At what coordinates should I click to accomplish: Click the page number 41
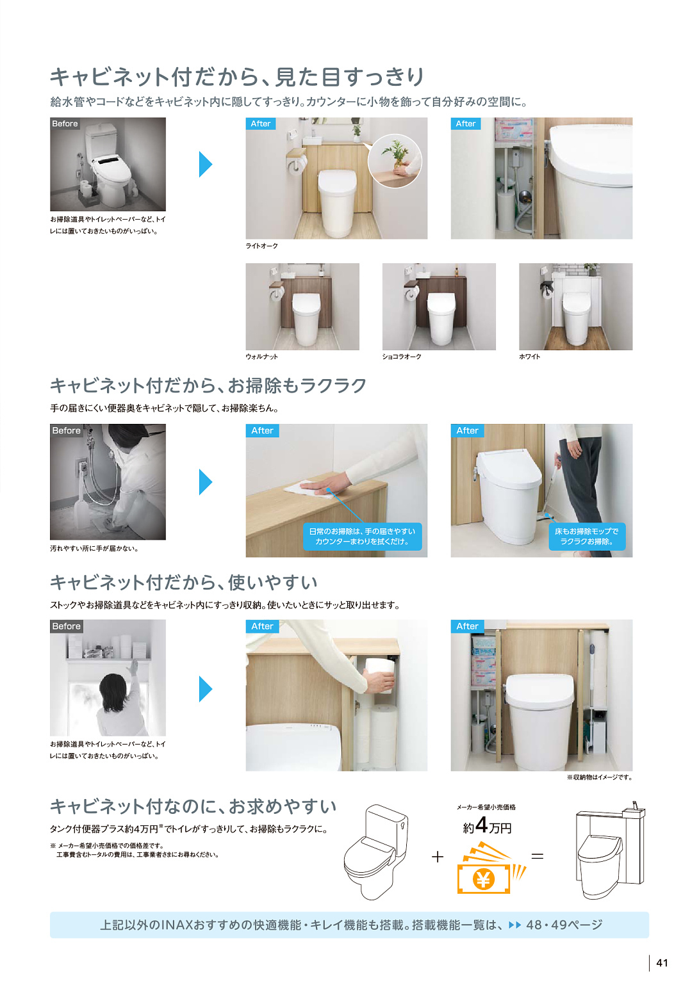[661, 963]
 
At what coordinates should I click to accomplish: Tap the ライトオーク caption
[261, 246]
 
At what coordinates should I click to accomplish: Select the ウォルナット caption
[261, 357]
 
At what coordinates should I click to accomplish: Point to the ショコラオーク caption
[402, 357]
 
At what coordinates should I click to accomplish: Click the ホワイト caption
[530, 357]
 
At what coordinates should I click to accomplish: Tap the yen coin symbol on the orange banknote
[483, 880]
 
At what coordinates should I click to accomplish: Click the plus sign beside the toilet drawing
[438, 857]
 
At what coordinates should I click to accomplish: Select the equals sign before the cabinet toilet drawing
[537, 856]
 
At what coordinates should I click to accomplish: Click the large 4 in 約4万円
[481, 825]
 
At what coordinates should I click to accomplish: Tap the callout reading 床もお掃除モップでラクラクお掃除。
[587, 537]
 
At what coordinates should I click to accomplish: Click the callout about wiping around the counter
[362, 537]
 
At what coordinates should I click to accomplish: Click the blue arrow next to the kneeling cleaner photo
[206, 482]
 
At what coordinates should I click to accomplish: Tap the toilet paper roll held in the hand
[379, 674]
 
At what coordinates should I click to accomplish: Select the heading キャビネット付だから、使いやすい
[184, 583]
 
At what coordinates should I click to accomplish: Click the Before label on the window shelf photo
[66, 626]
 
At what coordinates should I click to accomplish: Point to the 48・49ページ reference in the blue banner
[564, 925]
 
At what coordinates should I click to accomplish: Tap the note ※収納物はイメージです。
[600, 777]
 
